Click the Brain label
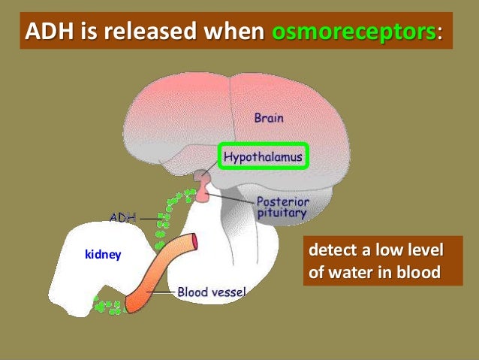[x=270, y=117]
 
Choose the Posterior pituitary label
[x=282, y=207]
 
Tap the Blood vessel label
[x=211, y=291]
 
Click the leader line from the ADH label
[x=150, y=219]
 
